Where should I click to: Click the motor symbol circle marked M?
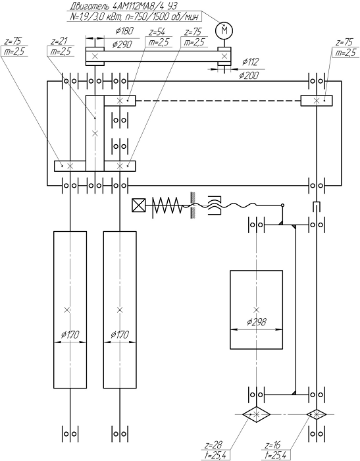coord(224,30)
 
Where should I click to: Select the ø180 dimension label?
coord(124,30)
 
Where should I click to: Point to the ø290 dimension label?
coord(122,44)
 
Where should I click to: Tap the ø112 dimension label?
coord(250,62)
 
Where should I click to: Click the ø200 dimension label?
coord(249,76)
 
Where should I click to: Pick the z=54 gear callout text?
coord(157,32)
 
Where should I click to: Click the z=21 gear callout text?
coord(59,41)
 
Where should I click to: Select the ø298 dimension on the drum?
coord(257,322)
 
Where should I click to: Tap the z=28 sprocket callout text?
coord(214,445)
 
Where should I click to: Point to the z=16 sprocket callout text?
coord(272,445)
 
